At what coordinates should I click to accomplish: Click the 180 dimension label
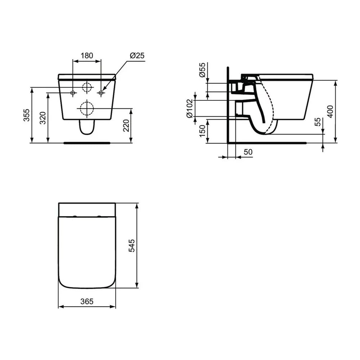[x=87, y=55]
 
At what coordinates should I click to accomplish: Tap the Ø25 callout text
[x=137, y=55]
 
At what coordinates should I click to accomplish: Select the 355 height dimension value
[x=27, y=115]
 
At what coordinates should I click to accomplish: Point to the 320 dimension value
[x=43, y=118]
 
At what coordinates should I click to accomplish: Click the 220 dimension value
[x=126, y=126]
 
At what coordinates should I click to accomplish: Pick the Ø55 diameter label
[x=202, y=70]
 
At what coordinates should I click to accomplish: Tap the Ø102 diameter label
[x=190, y=108]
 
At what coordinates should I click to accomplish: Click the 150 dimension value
[x=202, y=131]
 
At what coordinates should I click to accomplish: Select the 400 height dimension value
[x=330, y=112]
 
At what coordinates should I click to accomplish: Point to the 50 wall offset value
[x=248, y=152]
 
